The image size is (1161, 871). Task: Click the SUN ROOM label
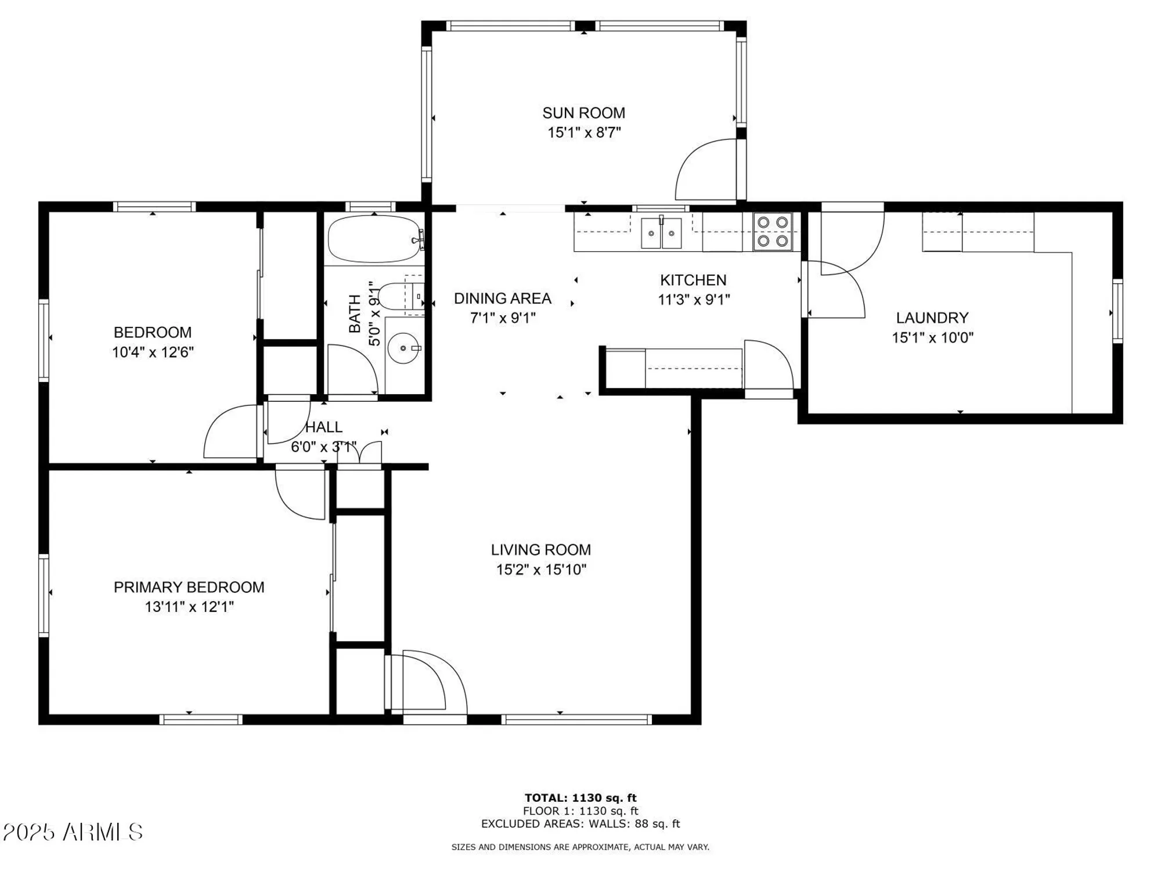583,113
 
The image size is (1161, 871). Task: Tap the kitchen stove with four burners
772,231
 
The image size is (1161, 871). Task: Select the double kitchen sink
661,233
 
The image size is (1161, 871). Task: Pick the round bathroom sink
403,348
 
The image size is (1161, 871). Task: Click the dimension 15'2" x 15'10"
541,570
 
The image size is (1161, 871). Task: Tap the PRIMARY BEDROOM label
189,587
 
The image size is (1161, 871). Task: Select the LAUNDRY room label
932,318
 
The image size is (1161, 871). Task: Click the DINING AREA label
502,298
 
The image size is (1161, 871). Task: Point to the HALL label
323,427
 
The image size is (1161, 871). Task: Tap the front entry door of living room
430,682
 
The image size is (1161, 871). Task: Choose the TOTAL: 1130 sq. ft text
580,798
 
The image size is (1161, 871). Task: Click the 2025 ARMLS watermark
73,832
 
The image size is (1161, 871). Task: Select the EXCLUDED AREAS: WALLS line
580,824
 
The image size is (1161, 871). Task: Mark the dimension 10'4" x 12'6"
153,352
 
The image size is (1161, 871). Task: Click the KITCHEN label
693,280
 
